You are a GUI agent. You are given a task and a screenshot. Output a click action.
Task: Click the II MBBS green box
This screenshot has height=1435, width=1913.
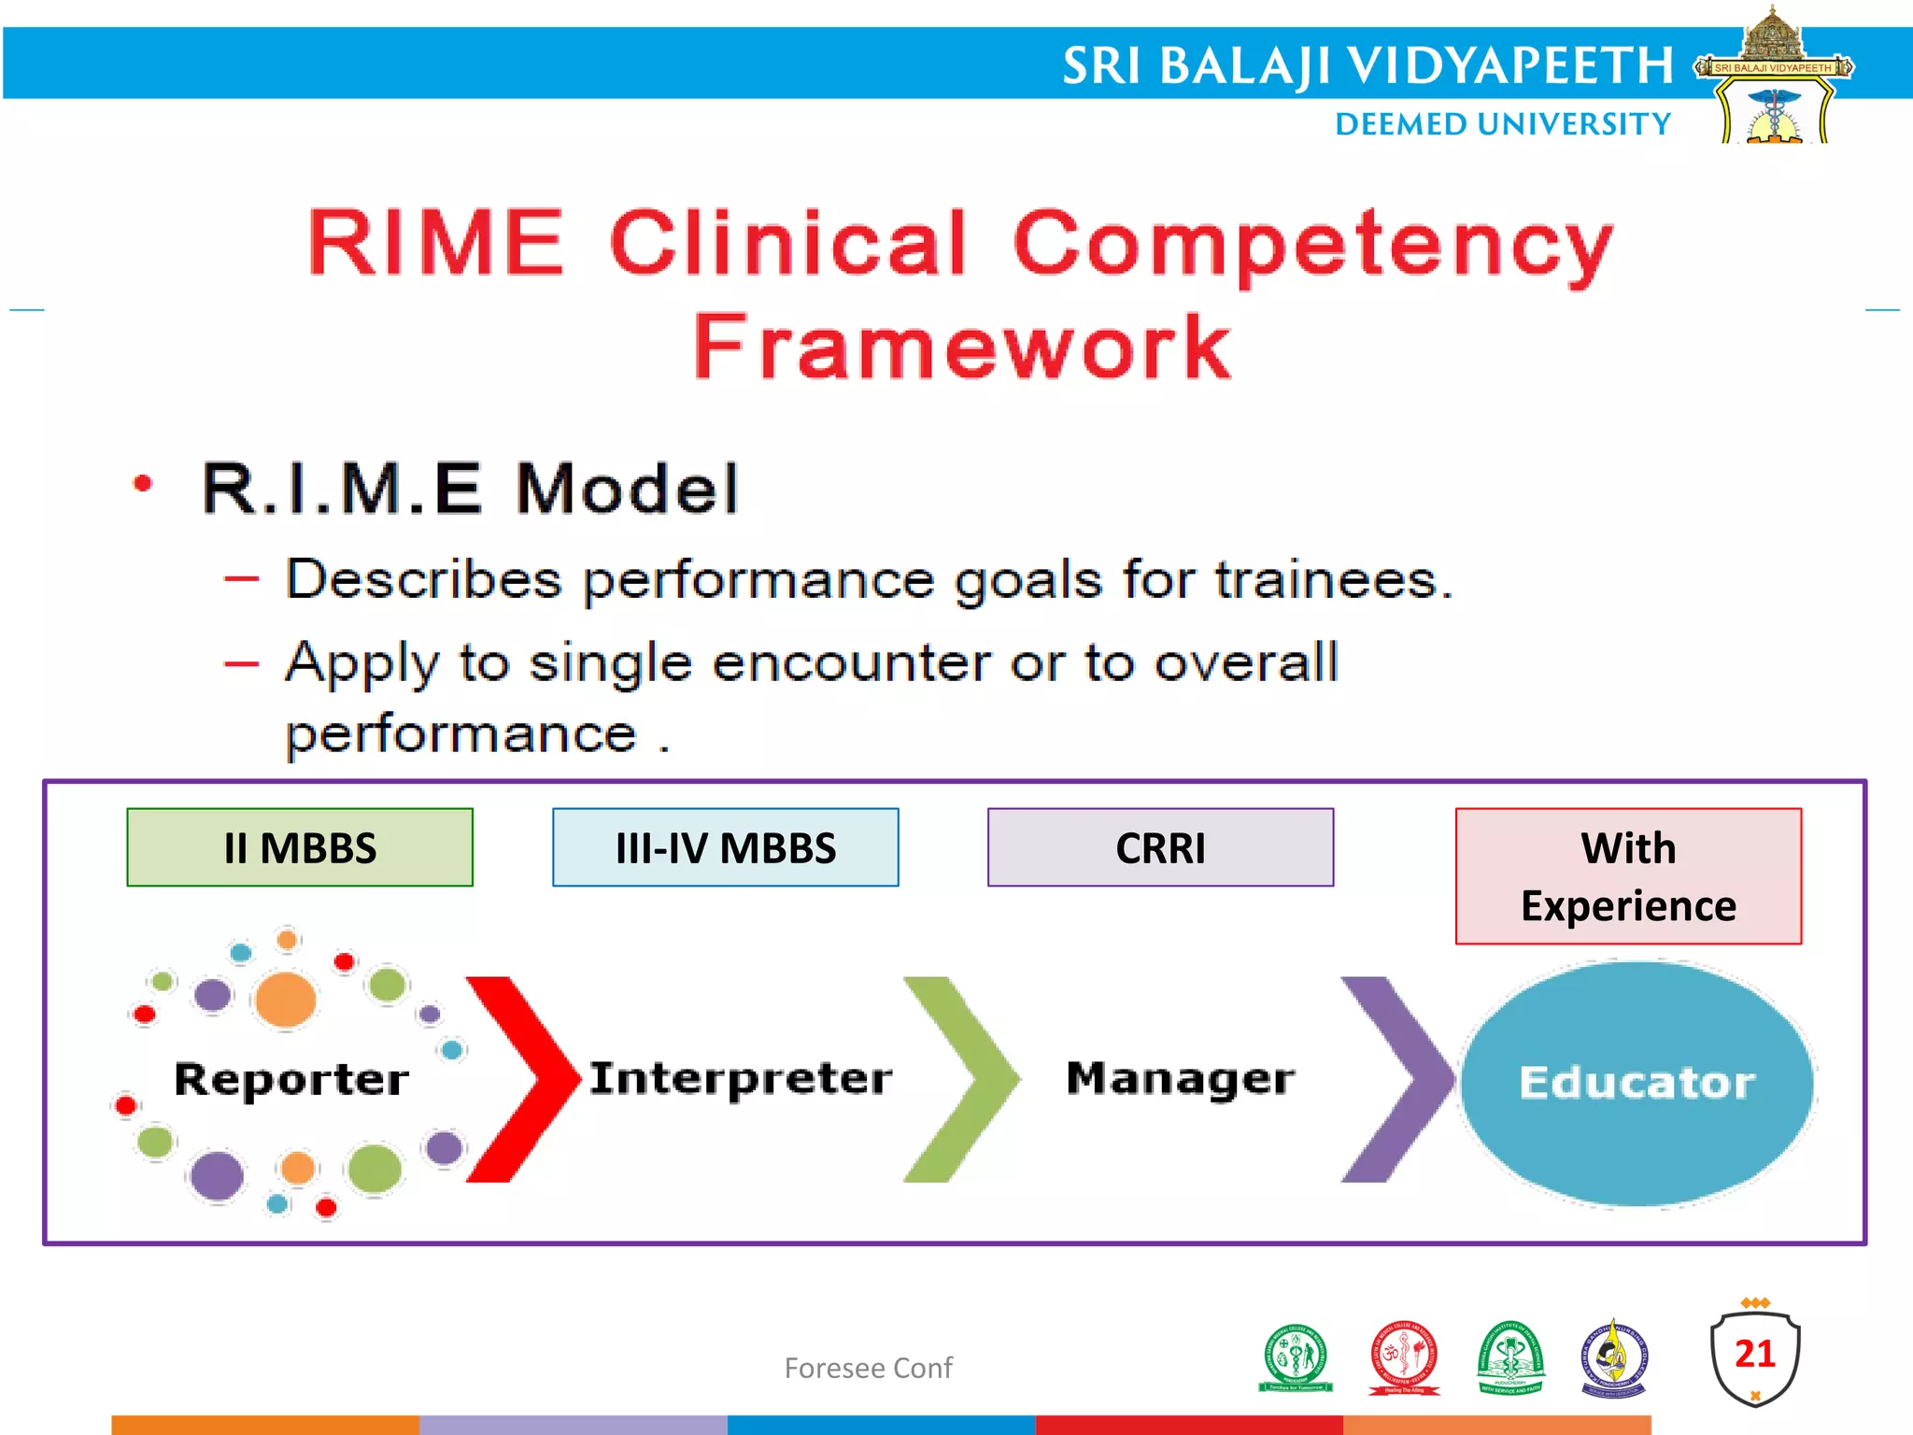[x=300, y=847]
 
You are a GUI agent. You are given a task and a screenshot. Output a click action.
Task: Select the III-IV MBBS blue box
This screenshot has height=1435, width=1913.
[x=725, y=847]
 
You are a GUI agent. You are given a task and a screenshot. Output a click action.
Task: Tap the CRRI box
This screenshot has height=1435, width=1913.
[x=1160, y=847]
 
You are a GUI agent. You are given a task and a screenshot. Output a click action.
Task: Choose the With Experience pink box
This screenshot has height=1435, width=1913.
[x=1628, y=876]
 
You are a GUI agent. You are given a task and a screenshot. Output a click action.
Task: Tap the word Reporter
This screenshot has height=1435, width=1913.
[x=291, y=1079]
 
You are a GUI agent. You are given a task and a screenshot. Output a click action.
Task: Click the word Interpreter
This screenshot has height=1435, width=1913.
[x=740, y=1078]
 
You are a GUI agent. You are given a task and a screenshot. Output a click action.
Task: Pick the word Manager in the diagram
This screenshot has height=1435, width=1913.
[x=1180, y=1078]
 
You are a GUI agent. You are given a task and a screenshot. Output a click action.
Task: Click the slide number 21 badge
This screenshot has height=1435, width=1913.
[x=1754, y=1355]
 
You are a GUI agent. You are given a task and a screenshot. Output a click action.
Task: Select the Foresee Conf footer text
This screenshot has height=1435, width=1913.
[x=868, y=1368]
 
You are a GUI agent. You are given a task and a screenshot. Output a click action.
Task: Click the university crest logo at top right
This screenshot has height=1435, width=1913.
[x=1773, y=79]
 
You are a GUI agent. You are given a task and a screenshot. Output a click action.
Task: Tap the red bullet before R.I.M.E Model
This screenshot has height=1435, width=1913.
[x=143, y=484]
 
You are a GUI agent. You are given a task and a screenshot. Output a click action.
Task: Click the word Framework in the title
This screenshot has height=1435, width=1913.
[x=962, y=348]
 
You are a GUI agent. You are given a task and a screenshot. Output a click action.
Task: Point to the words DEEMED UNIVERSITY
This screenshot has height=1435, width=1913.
[x=1502, y=124]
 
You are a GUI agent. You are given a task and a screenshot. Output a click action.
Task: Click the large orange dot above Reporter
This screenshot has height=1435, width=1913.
[x=285, y=999]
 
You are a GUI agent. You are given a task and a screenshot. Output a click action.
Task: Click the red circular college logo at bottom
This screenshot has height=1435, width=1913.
[x=1404, y=1357]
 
